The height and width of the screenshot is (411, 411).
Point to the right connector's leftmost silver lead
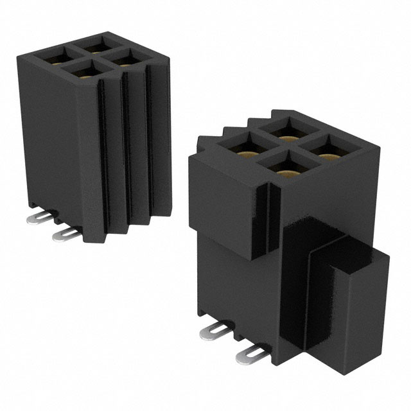[214, 329]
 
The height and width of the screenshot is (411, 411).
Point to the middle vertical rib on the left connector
[132, 154]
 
